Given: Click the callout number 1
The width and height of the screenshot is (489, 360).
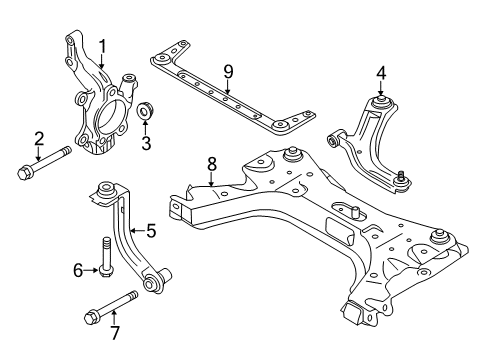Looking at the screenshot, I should pyautogui.click(x=100, y=44).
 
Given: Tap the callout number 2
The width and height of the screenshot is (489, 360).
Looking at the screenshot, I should pyautogui.click(x=39, y=139).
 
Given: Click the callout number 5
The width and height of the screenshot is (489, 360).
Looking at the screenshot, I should pyautogui.click(x=151, y=232).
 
